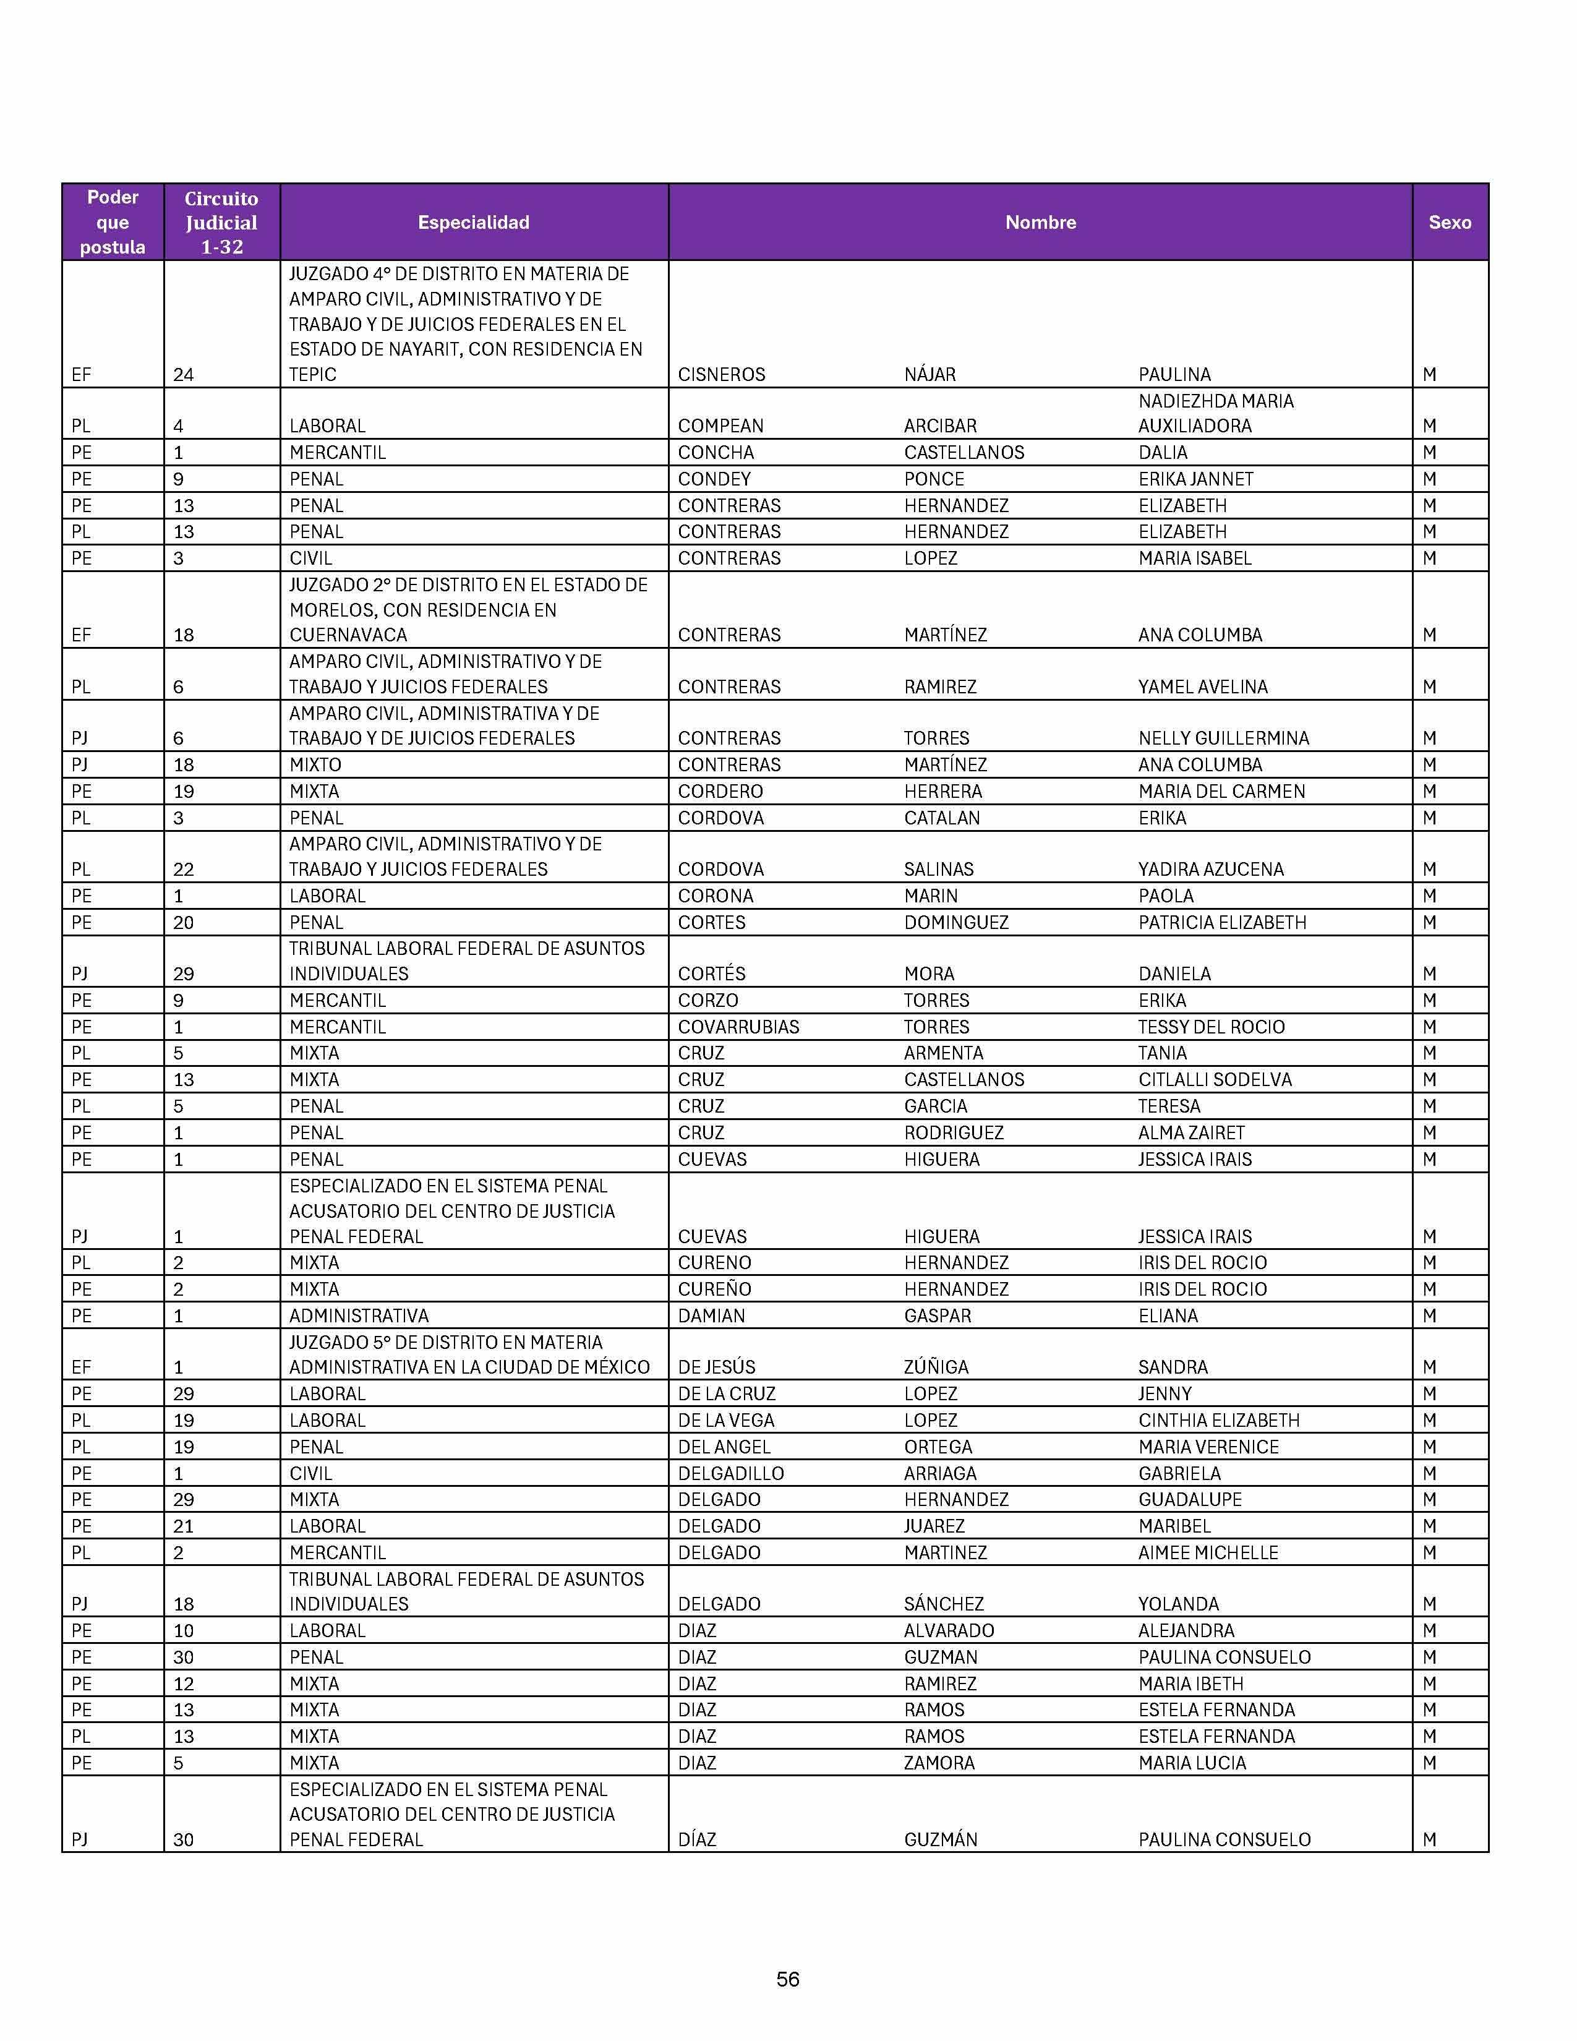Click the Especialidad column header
pos(474,223)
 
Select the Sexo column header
pos(1449,223)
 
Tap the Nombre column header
pos(1040,223)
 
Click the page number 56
pos(787,1979)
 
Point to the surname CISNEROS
pos(721,375)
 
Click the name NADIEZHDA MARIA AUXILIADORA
pos(1215,413)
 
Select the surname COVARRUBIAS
pos(738,1027)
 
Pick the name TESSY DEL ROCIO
pos(1211,1027)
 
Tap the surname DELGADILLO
pos(730,1474)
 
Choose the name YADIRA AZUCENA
pos(1211,869)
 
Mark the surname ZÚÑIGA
pos(936,1367)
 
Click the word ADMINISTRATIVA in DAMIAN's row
pos(359,1316)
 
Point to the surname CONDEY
pos(714,479)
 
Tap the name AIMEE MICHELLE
pos(1208,1552)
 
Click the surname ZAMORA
pos(939,1763)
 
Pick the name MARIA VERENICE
pos(1208,1447)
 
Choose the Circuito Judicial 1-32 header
pos(221,223)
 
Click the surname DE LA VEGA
pos(726,1421)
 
